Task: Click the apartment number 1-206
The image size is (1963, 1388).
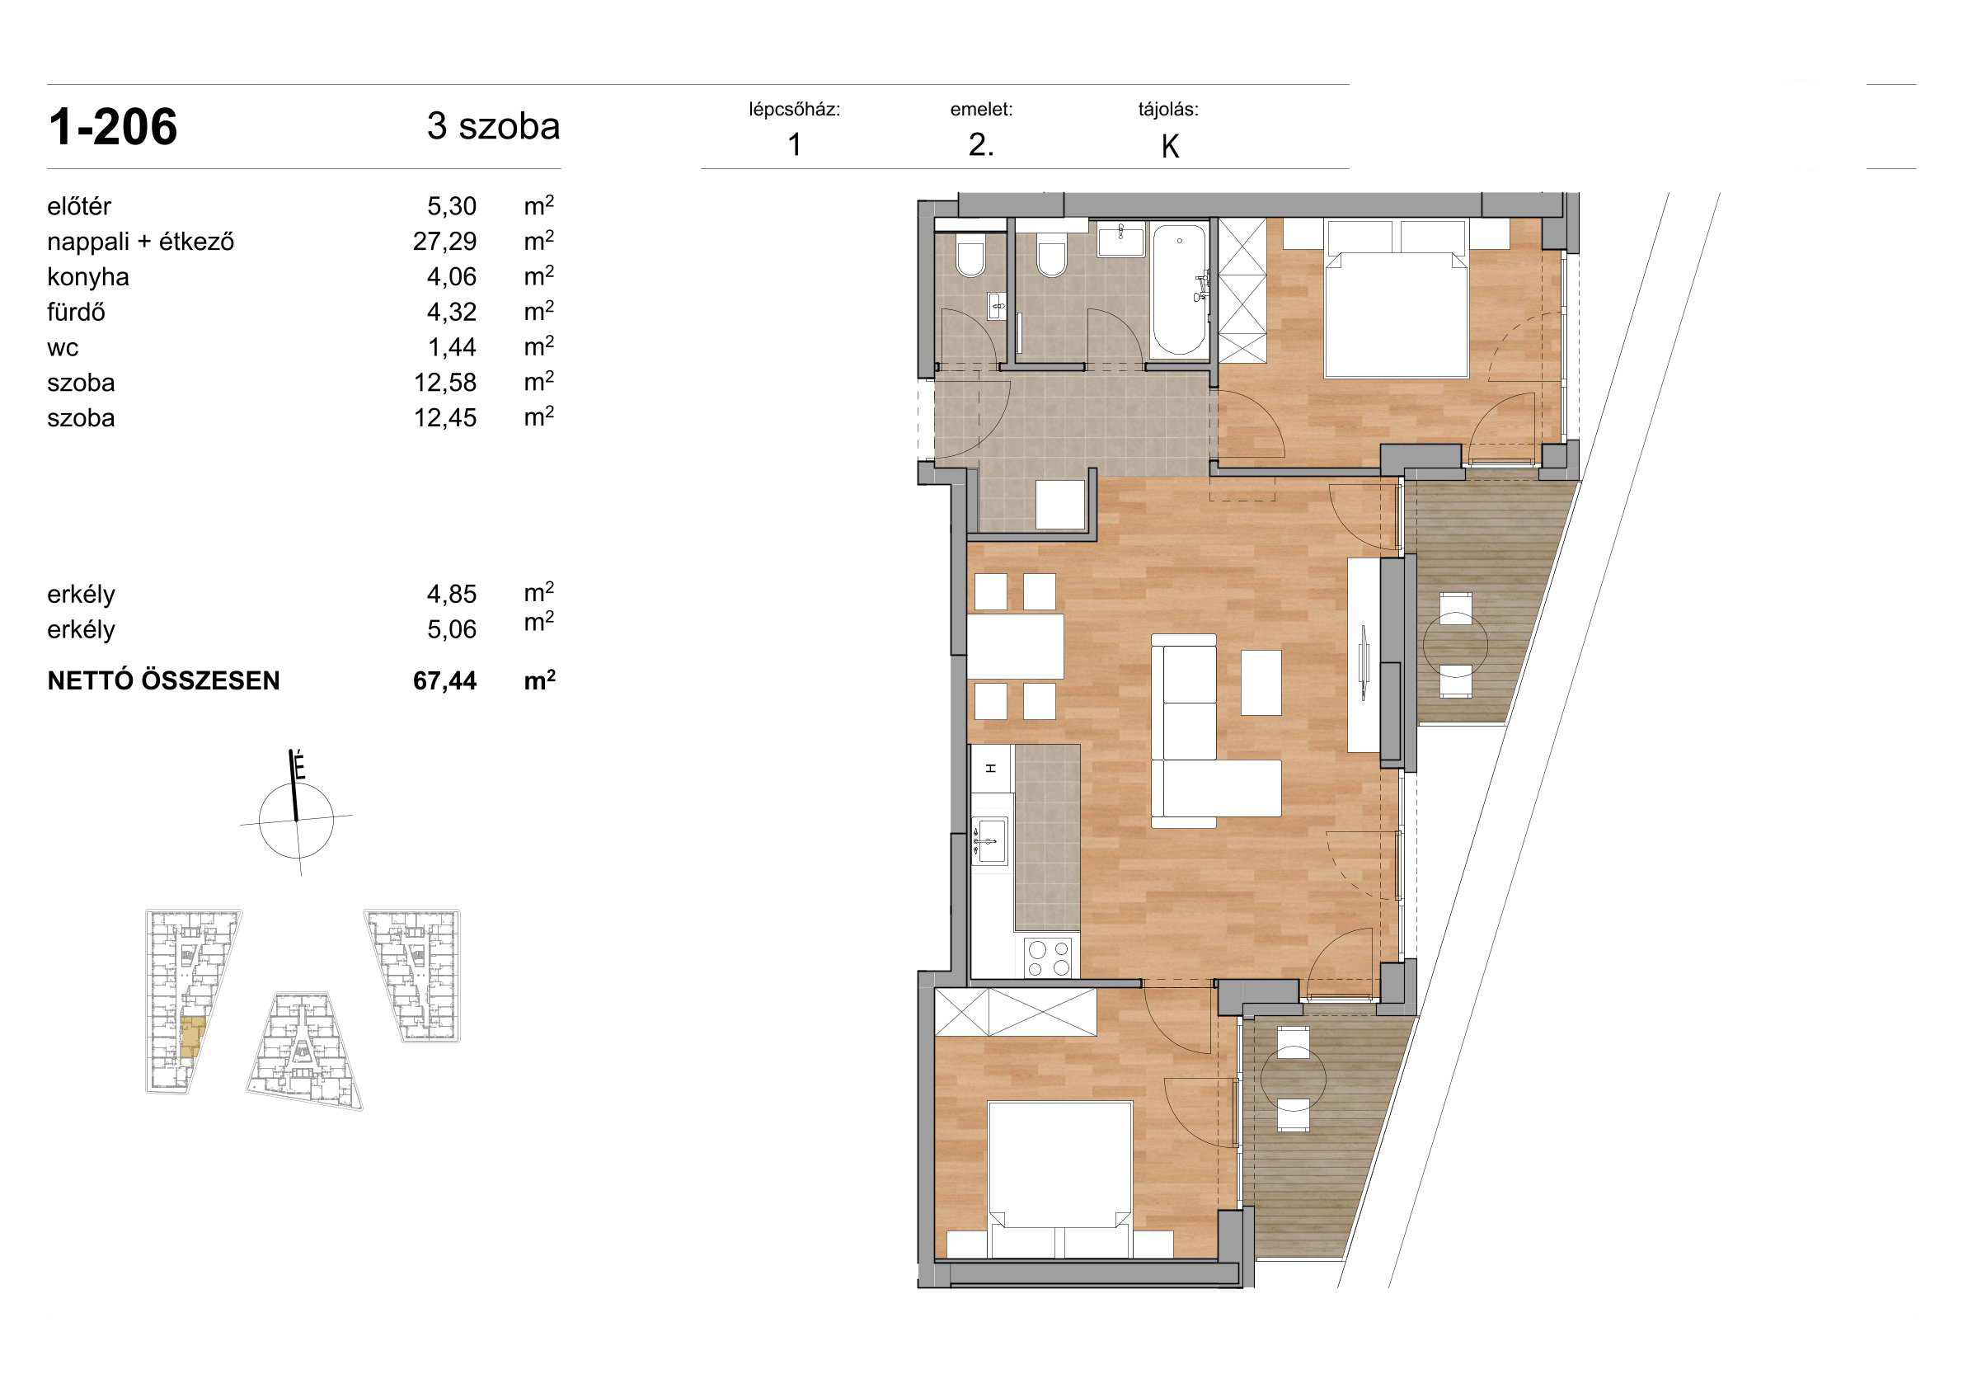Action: point(113,128)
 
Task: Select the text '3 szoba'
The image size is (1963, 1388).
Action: point(493,126)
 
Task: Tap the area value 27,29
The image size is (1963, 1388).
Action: point(444,242)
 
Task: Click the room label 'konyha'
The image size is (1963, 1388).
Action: point(88,277)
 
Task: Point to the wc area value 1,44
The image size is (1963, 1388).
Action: point(452,347)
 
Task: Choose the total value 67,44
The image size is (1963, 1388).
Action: point(444,680)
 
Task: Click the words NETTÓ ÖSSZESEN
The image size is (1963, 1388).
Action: point(163,680)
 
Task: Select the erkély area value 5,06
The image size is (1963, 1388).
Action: point(452,629)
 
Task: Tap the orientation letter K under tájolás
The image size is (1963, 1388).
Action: point(1171,147)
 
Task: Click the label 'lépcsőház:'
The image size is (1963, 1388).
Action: point(794,110)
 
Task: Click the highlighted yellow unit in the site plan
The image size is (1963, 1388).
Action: point(193,1037)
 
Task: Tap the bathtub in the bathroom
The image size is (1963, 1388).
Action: point(1179,289)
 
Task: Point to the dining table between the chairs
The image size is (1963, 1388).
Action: point(1016,647)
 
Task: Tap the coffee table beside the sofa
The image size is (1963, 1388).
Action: point(1261,683)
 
